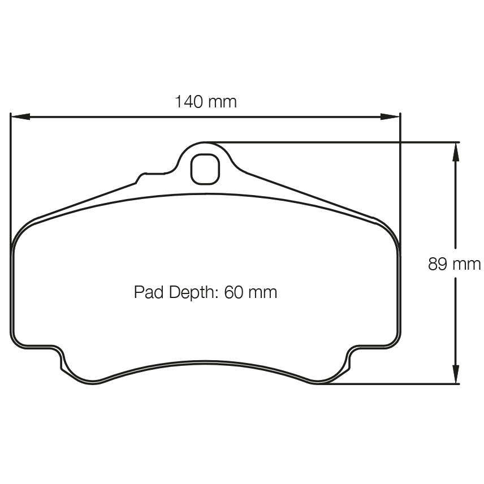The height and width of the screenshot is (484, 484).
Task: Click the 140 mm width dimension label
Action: point(205,102)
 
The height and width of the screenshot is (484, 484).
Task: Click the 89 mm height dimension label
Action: point(454,264)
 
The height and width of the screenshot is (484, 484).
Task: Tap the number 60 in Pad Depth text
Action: point(234,292)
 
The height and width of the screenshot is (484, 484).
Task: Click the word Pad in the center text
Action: point(146,292)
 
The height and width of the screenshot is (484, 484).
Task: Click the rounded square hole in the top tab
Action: point(205,168)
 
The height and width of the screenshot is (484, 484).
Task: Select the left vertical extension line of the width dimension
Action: point(11,170)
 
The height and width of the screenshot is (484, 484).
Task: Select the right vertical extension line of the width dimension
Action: point(400,170)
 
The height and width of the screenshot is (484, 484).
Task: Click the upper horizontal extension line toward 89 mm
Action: point(339,142)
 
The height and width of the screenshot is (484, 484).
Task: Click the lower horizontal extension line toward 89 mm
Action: point(396,384)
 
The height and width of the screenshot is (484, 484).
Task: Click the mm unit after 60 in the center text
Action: point(263,293)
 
